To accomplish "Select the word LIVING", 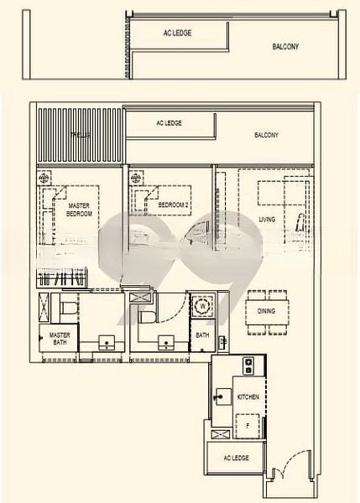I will [267, 220].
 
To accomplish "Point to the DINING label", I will [266, 311].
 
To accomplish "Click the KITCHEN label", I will [248, 396].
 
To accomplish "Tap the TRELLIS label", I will [81, 134].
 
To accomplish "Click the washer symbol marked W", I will [203, 306].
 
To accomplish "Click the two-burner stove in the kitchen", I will [248, 366].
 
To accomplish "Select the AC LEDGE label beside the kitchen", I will [237, 459].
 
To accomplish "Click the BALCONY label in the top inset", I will [285, 47].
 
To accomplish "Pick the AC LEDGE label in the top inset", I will [179, 33].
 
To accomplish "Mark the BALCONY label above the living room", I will [266, 135].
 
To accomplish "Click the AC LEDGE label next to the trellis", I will [169, 123].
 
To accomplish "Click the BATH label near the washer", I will [202, 335].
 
